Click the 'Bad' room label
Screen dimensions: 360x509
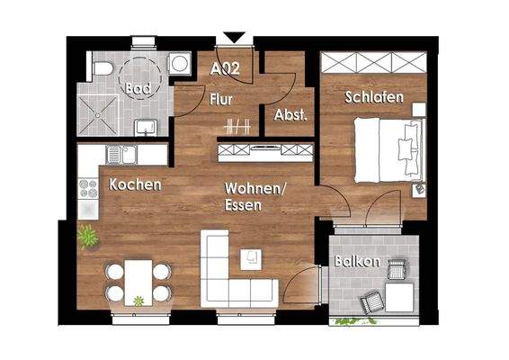point(138,90)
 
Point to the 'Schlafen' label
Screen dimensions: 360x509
point(373,96)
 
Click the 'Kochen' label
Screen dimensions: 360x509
point(135,184)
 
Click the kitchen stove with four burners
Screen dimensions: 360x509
point(88,188)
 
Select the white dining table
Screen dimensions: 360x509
point(138,280)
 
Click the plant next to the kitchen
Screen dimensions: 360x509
point(87,237)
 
